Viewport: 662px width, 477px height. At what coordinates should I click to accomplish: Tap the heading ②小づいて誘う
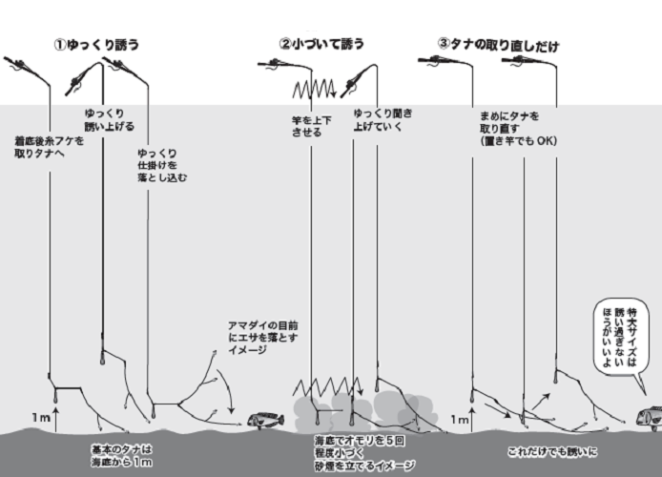coord(322,44)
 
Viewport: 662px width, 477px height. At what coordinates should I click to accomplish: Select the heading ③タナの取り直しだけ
coord(498,45)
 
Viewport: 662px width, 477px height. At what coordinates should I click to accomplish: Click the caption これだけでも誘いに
coord(551,449)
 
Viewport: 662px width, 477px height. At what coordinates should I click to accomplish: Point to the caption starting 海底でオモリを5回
coord(363,453)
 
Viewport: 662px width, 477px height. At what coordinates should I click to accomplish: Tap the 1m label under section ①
coord(40,418)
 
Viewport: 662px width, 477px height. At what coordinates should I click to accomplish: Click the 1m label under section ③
coord(459,419)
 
